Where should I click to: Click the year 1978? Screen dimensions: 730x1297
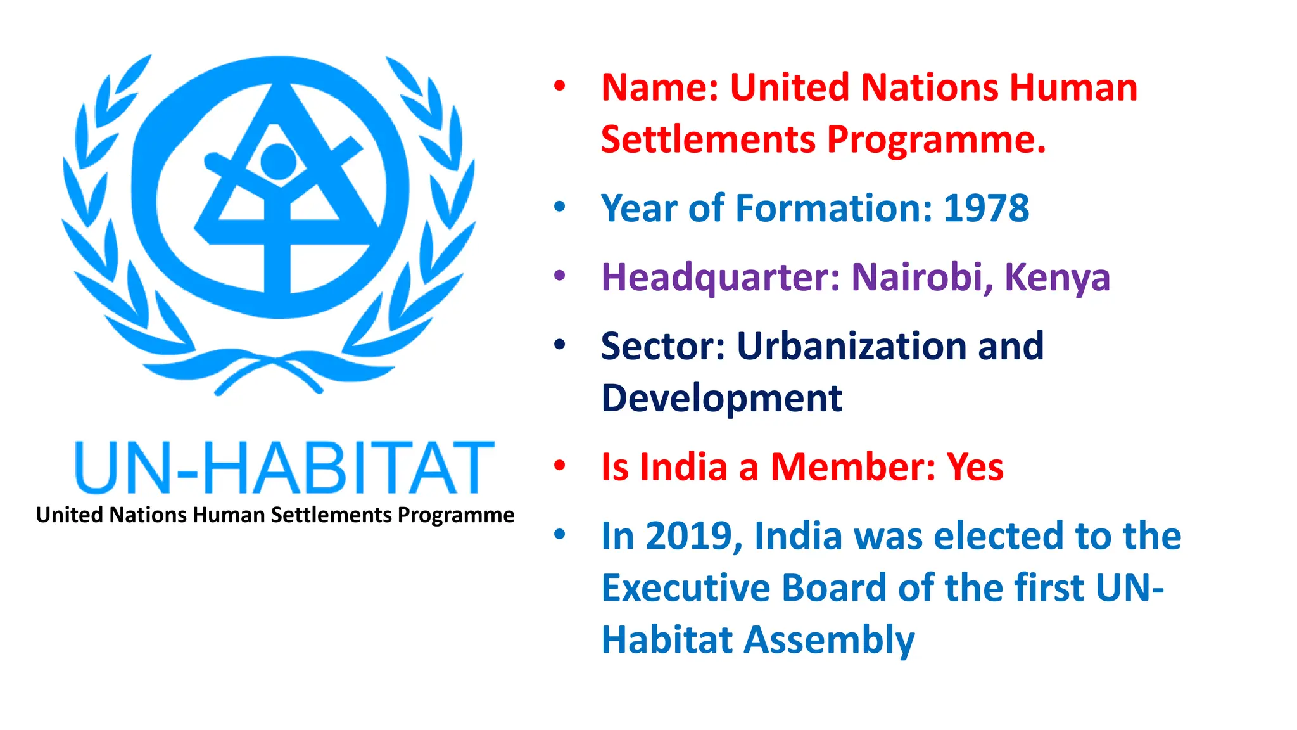tap(986, 208)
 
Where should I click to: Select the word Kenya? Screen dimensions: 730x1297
tap(1057, 278)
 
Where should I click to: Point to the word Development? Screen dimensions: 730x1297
tap(721, 399)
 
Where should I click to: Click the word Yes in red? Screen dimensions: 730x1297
tap(975, 468)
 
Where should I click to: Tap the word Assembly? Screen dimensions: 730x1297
tap(829, 640)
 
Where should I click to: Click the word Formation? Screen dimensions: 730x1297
tap(834, 208)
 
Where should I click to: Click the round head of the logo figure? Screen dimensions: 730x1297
tap(278, 160)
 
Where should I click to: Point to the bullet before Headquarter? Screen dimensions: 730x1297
tap(559, 276)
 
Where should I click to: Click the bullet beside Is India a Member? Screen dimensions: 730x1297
tap(559, 466)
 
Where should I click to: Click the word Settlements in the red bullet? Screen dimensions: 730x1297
tap(708, 139)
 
